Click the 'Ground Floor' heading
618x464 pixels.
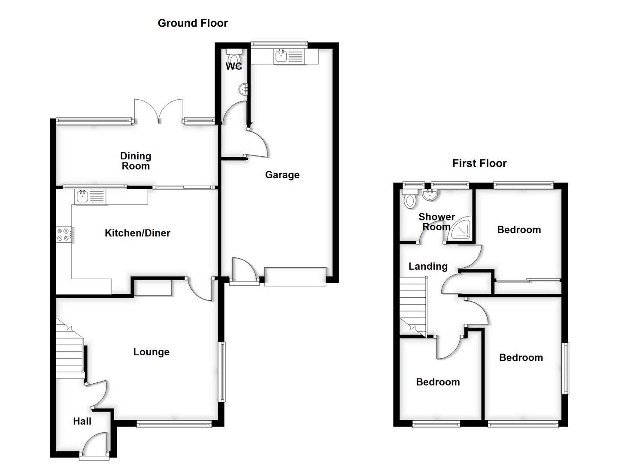tap(193, 23)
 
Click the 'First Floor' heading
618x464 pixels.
tap(479, 163)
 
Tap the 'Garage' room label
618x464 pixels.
tap(282, 175)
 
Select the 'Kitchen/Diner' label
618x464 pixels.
tap(137, 233)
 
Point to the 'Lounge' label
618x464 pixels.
tap(151, 352)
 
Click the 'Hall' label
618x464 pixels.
tap(82, 421)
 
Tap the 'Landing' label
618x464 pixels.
tap(428, 266)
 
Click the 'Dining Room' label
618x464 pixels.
tap(136, 161)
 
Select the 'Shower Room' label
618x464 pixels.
tap(436, 222)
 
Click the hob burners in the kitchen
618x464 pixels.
tap(63, 235)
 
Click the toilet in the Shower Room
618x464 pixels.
tap(410, 200)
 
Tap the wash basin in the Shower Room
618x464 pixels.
tap(430, 195)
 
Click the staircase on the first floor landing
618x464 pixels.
tap(413, 305)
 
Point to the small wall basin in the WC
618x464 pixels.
tap(244, 89)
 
